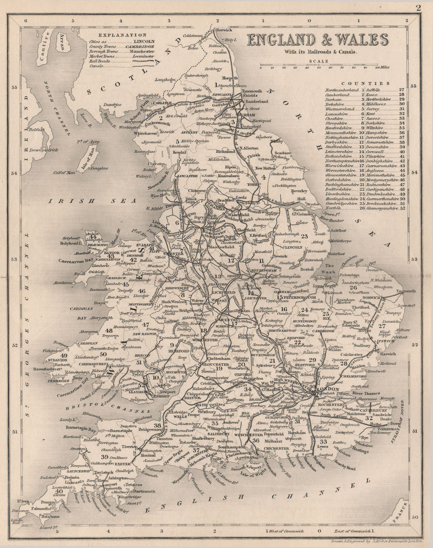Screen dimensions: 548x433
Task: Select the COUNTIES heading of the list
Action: (365, 83)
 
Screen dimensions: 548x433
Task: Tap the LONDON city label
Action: (327, 389)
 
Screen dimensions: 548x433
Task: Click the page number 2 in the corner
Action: (418, 7)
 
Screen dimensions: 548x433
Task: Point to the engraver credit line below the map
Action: (378, 541)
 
